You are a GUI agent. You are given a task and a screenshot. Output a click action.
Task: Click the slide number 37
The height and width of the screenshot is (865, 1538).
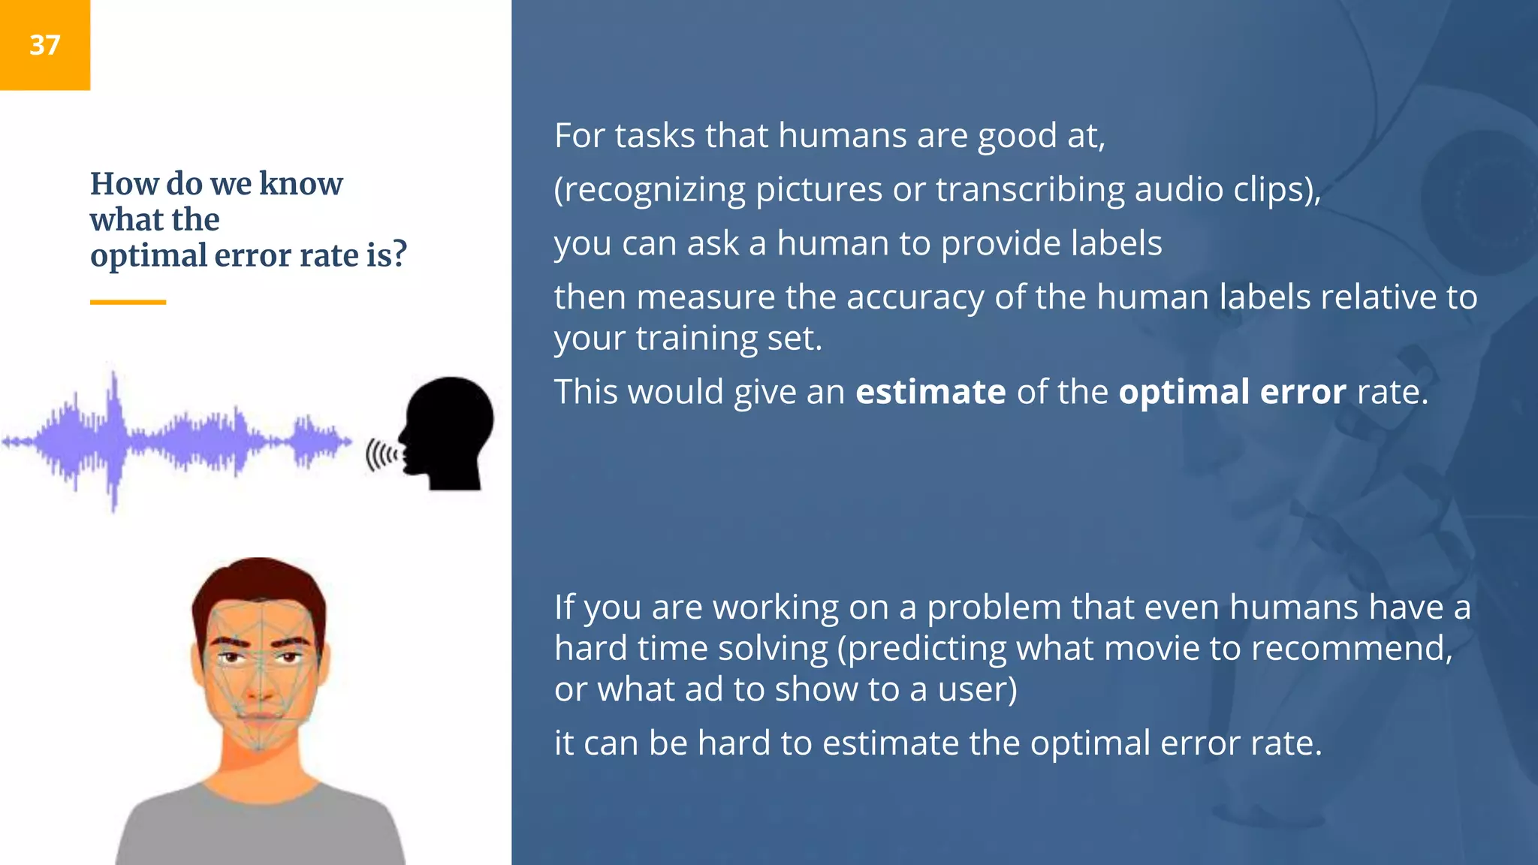tap(44, 45)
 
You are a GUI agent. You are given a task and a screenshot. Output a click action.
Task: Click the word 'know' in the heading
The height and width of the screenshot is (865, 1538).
tap(300, 184)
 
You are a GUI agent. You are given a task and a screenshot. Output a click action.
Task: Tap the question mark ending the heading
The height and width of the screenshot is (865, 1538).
tap(400, 255)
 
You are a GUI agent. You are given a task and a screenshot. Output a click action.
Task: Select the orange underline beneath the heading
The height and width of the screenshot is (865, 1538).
tap(128, 302)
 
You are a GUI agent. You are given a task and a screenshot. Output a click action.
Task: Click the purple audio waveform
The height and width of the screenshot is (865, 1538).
tap(176, 442)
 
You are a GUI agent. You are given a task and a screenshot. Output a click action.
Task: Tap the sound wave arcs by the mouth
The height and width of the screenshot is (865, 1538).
tap(381, 455)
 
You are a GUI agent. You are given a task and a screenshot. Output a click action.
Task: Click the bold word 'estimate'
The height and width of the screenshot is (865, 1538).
tap(930, 392)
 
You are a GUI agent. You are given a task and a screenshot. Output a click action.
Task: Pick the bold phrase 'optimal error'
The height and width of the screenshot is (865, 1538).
tap(1232, 392)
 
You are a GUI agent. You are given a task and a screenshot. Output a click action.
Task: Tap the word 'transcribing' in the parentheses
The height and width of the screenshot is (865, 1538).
tap(1030, 189)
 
